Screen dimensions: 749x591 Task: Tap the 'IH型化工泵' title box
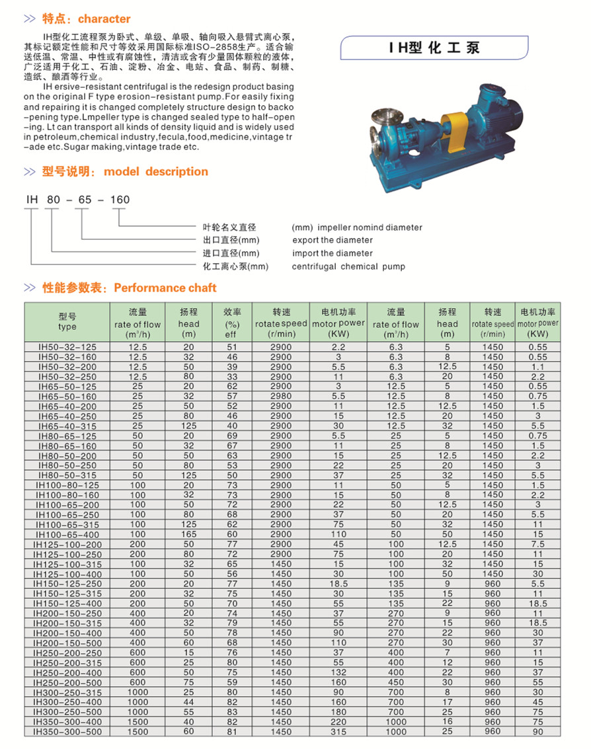[434, 48]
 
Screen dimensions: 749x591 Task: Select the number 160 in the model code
[120, 200]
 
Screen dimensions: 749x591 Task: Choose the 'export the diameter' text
[333, 240]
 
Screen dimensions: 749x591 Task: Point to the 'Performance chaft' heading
[165, 288]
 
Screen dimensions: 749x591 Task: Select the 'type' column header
[67, 327]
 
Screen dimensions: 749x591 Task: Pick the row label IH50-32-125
[67, 347]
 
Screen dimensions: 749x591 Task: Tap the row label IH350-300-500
[67, 732]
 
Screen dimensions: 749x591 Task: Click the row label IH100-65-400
[67, 533]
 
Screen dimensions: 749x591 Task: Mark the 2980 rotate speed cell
[281, 396]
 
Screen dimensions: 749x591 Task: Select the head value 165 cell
[189, 533]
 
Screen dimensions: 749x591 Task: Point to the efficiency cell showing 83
[231, 712]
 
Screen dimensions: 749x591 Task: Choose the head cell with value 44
[189, 703]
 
